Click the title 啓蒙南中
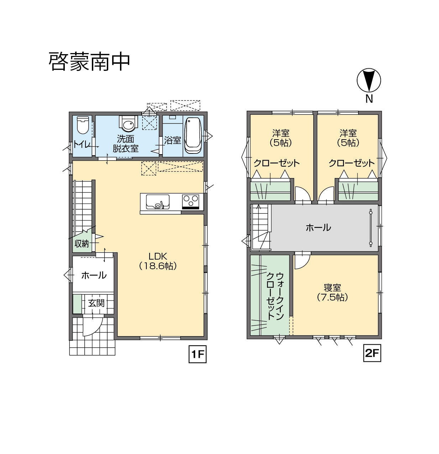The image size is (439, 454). [x=89, y=62]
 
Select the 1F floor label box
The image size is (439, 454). [x=198, y=354]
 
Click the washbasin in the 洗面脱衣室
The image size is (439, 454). [x=128, y=124]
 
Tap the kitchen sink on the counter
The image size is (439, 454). [x=157, y=202]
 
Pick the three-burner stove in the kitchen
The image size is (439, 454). [x=190, y=202]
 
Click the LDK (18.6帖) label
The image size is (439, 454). [x=158, y=261]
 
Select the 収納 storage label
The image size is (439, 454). [x=82, y=244]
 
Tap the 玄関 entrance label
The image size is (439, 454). [x=96, y=303]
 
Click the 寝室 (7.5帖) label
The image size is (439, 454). [x=332, y=292]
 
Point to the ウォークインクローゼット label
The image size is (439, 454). [x=275, y=296]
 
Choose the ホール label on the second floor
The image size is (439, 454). [x=318, y=228]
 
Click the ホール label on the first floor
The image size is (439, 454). [x=94, y=275]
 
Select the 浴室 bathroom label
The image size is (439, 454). [x=173, y=140]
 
